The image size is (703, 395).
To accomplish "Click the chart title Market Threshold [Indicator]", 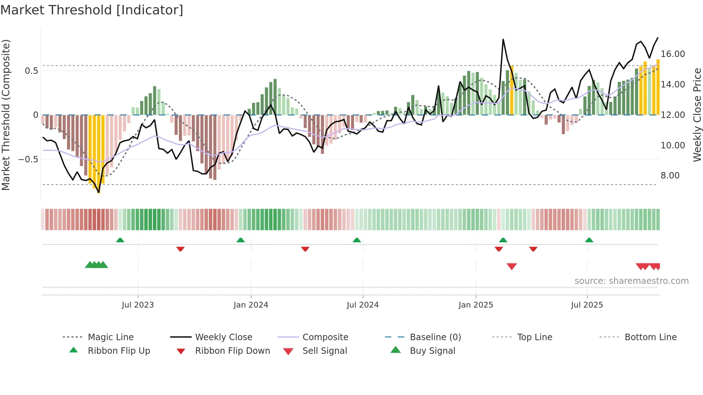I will [92, 10].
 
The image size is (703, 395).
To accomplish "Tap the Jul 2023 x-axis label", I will [138, 305].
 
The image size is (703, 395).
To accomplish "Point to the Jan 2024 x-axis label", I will [251, 305].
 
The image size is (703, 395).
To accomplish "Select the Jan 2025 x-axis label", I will [476, 305].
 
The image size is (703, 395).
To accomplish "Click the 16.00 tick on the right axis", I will [673, 54].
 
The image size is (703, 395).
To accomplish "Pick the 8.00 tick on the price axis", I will [670, 176].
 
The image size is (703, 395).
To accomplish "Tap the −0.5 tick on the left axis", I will [28, 159].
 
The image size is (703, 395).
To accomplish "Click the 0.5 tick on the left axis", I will [31, 71].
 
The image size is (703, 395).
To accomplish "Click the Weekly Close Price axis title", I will [697, 115].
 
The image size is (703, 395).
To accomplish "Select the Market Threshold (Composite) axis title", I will [6, 115].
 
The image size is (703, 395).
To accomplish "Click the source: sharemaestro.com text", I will [631, 281].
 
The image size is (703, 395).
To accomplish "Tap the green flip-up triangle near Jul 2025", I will [589, 240].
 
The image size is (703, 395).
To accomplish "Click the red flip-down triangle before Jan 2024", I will [180, 249].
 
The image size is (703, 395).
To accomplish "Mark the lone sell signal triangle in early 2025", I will [511, 266].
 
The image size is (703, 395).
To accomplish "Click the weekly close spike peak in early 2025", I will [503, 39].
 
